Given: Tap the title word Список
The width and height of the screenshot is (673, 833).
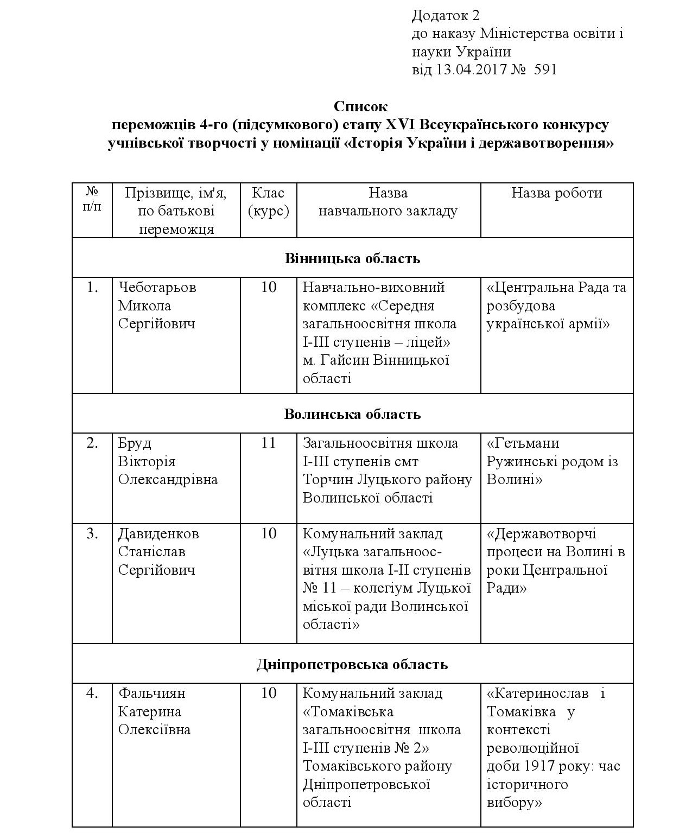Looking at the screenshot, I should [x=360, y=106].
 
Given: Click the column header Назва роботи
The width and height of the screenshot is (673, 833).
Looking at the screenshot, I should [x=556, y=193].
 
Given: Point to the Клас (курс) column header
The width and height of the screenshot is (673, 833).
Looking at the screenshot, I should [x=268, y=202].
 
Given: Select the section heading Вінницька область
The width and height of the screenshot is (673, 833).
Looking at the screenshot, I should [x=352, y=258].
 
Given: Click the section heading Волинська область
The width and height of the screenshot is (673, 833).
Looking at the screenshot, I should [x=352, y=414].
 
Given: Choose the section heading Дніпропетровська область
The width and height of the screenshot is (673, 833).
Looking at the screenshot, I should [x=352, y=664].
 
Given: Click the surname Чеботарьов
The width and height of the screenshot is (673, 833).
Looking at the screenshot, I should [x=157, y=288].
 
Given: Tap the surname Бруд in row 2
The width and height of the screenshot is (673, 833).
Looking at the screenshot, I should [x=135, y=443].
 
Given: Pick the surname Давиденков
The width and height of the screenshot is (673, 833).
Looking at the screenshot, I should [x=158, y=534].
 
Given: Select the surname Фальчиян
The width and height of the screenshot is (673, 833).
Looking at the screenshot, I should [x=151, y=694].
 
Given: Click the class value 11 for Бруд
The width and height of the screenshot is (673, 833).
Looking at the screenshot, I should [x=269, y=443].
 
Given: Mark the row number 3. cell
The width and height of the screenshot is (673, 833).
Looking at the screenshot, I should [x=93, y=534].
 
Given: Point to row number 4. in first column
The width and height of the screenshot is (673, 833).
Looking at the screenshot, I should [x=93, y=694].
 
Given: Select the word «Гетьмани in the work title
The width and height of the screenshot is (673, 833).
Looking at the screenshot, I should [x=523, y=443].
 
